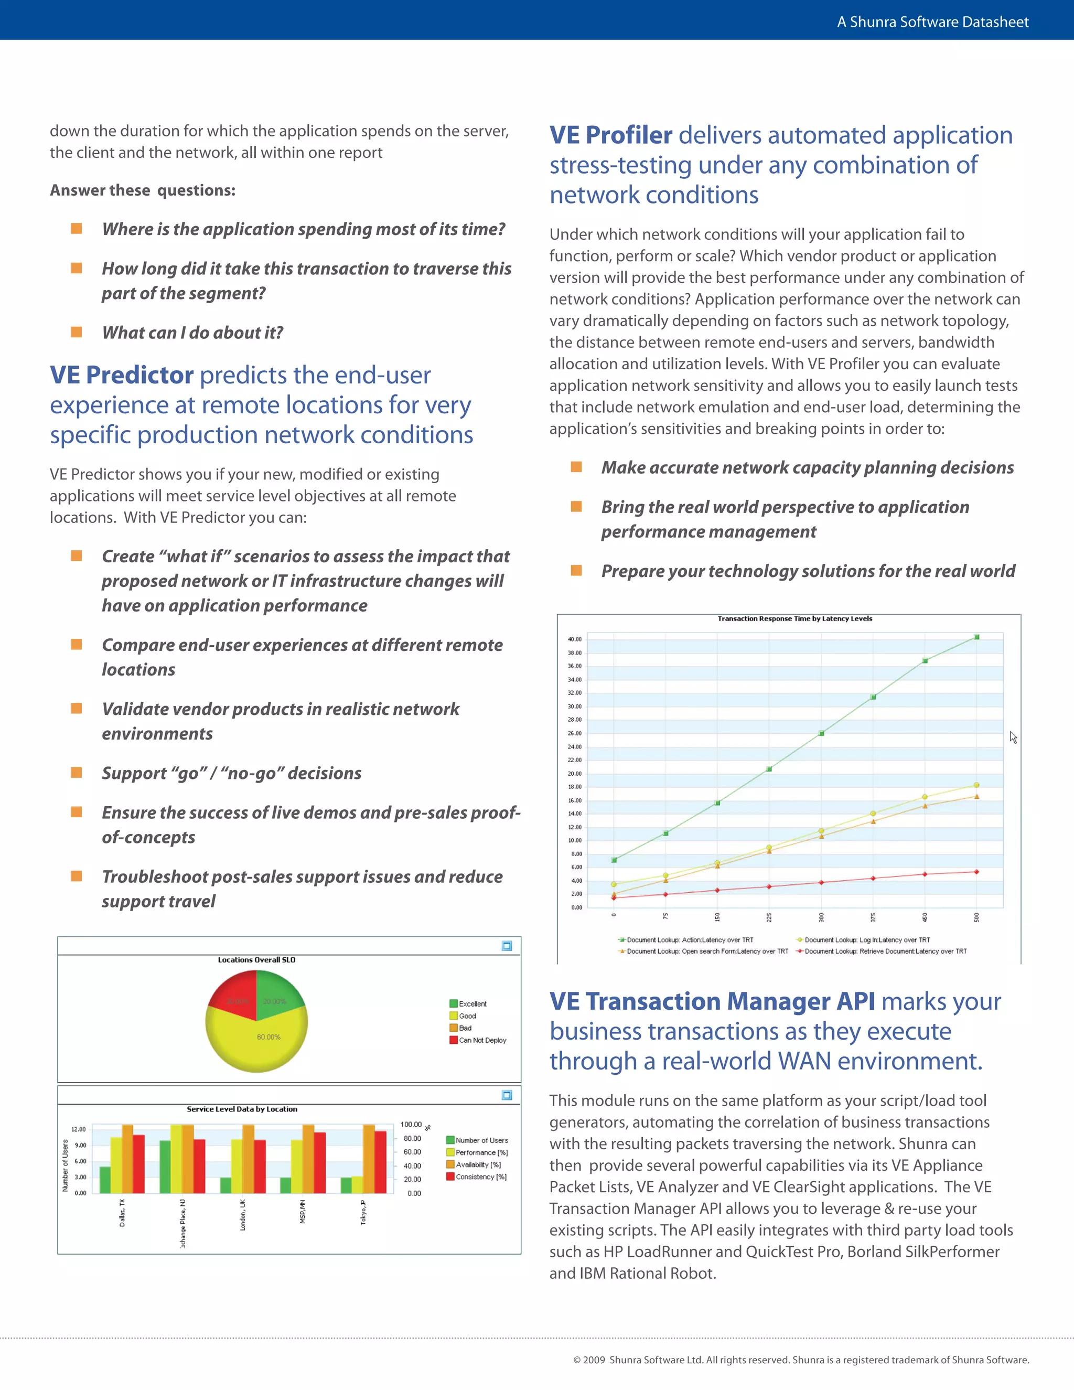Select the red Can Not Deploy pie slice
click(234, 996)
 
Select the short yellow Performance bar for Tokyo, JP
click(357, 1184)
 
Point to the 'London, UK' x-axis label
click(242, 1215)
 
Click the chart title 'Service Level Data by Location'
click(242, 1109)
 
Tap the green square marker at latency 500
click(976, 637)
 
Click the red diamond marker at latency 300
click(821, 883)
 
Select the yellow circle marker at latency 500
click(976, 785)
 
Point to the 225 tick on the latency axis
click(769, 917)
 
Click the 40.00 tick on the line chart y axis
click(575, 639)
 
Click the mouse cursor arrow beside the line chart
click(1013, 737)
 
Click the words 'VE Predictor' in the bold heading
click(122, 375)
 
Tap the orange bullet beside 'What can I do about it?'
click(77, 332)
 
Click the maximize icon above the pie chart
click(507, 946)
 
